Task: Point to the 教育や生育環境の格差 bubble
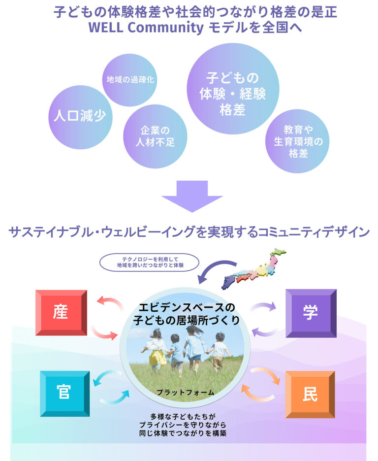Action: coord(298,141)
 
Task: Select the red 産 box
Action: coord(61,313)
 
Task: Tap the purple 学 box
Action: coord(310,313)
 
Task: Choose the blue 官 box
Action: coord(64,393)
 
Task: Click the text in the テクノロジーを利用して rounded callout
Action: coord(149,262)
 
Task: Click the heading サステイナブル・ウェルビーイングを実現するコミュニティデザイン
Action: coord(189,231)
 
